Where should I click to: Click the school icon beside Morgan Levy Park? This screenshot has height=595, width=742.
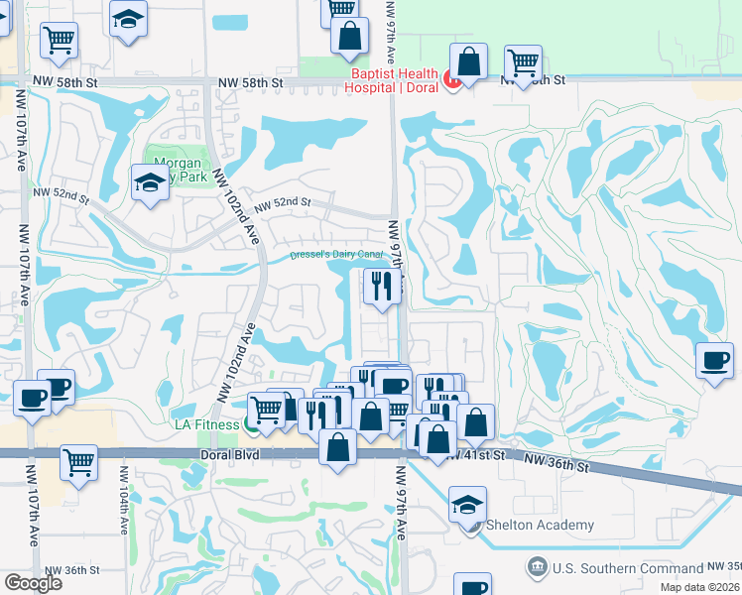coord(149,182)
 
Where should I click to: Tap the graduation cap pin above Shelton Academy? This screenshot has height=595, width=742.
coord(467,504)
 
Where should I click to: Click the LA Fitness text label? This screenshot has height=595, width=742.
coord(206,425)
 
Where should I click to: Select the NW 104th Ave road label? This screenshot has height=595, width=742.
coord(126,510)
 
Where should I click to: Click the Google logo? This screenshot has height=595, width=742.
coord(33,583)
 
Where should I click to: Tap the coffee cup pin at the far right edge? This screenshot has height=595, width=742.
coord(714,359)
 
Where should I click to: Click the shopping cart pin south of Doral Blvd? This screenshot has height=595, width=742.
coord(78,461)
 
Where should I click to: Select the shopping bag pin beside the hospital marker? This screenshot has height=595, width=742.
coord(468,60)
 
